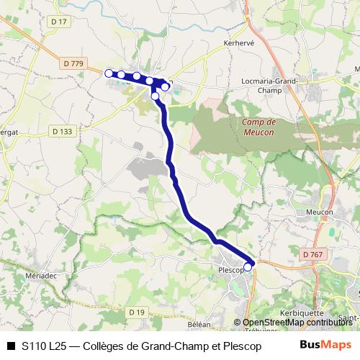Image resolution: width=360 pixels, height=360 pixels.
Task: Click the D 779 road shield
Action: coord(74,63)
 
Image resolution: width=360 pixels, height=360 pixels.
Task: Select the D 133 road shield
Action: coord(63,131)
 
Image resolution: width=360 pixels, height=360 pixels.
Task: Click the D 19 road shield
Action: coord(137,311)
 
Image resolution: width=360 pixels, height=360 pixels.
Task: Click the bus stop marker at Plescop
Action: coord(248,267)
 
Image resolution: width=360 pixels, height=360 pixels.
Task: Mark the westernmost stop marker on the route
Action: coord(109,73)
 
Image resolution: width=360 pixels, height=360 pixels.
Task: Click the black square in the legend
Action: coord(11,346)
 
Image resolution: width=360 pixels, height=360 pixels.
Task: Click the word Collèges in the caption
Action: coord(104,346)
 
